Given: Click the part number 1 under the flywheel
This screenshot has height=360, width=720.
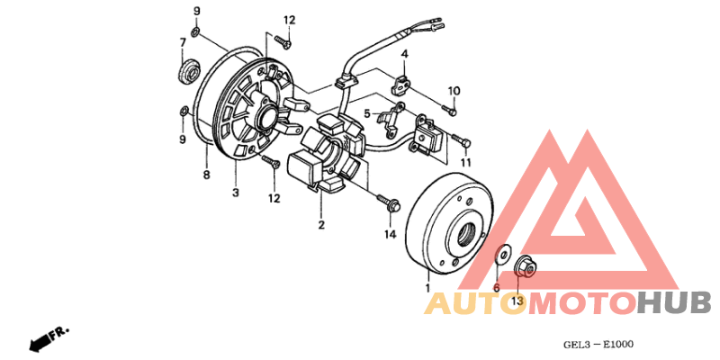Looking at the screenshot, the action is tap(427, 288).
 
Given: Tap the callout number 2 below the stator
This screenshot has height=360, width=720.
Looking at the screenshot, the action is tap(321, 225).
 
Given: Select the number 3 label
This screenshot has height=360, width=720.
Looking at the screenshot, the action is tap(236, 193).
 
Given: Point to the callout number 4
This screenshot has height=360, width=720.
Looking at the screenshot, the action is tap(404, 54).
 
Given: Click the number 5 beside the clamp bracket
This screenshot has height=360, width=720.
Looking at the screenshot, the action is tap(367, 113).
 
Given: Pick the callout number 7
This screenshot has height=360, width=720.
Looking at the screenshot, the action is tap(183, 42).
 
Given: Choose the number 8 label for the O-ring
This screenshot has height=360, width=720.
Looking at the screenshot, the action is tap(206, 175).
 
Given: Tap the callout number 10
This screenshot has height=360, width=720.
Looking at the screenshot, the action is tap(454, 91).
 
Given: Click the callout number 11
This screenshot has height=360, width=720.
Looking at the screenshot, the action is tap(466, 163).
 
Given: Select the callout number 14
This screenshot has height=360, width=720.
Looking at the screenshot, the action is tap(390, 235).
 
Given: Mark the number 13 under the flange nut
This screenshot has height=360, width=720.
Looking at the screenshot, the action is tap(517, 301).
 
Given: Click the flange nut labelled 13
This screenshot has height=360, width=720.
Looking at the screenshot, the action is tap(525, 266).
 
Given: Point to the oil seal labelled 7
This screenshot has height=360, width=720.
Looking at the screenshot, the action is tap(189, 72).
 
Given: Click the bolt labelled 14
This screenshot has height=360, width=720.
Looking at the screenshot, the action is tap(389, 203).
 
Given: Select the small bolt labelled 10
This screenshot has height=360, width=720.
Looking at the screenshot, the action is tap(449, 110).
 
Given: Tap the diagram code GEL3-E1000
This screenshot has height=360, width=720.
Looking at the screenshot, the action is tap(598, 344).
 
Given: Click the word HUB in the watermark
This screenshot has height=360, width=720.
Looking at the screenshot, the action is tap(673, 303).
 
